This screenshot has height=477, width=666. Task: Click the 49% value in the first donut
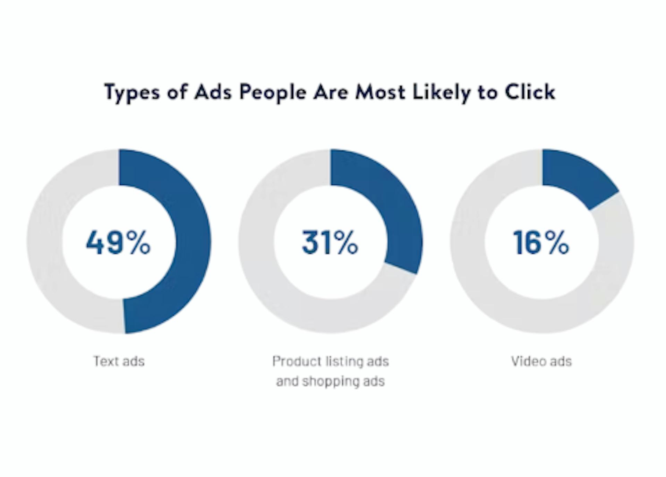click(x=118, y=242)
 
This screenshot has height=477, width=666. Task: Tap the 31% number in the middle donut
click(x=330, y=242)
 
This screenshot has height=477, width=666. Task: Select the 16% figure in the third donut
click(x=541, y=242)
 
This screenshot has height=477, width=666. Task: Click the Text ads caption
click(x=119, y=361)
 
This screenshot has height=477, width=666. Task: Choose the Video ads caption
click(x=541, y=361)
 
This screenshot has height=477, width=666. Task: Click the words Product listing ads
click(x=331, y=361)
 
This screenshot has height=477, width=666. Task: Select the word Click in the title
click(x=530, y=92)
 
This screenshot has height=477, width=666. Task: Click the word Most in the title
click(x=380, y=92)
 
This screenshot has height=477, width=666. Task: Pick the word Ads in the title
click(x=213, y=92)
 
